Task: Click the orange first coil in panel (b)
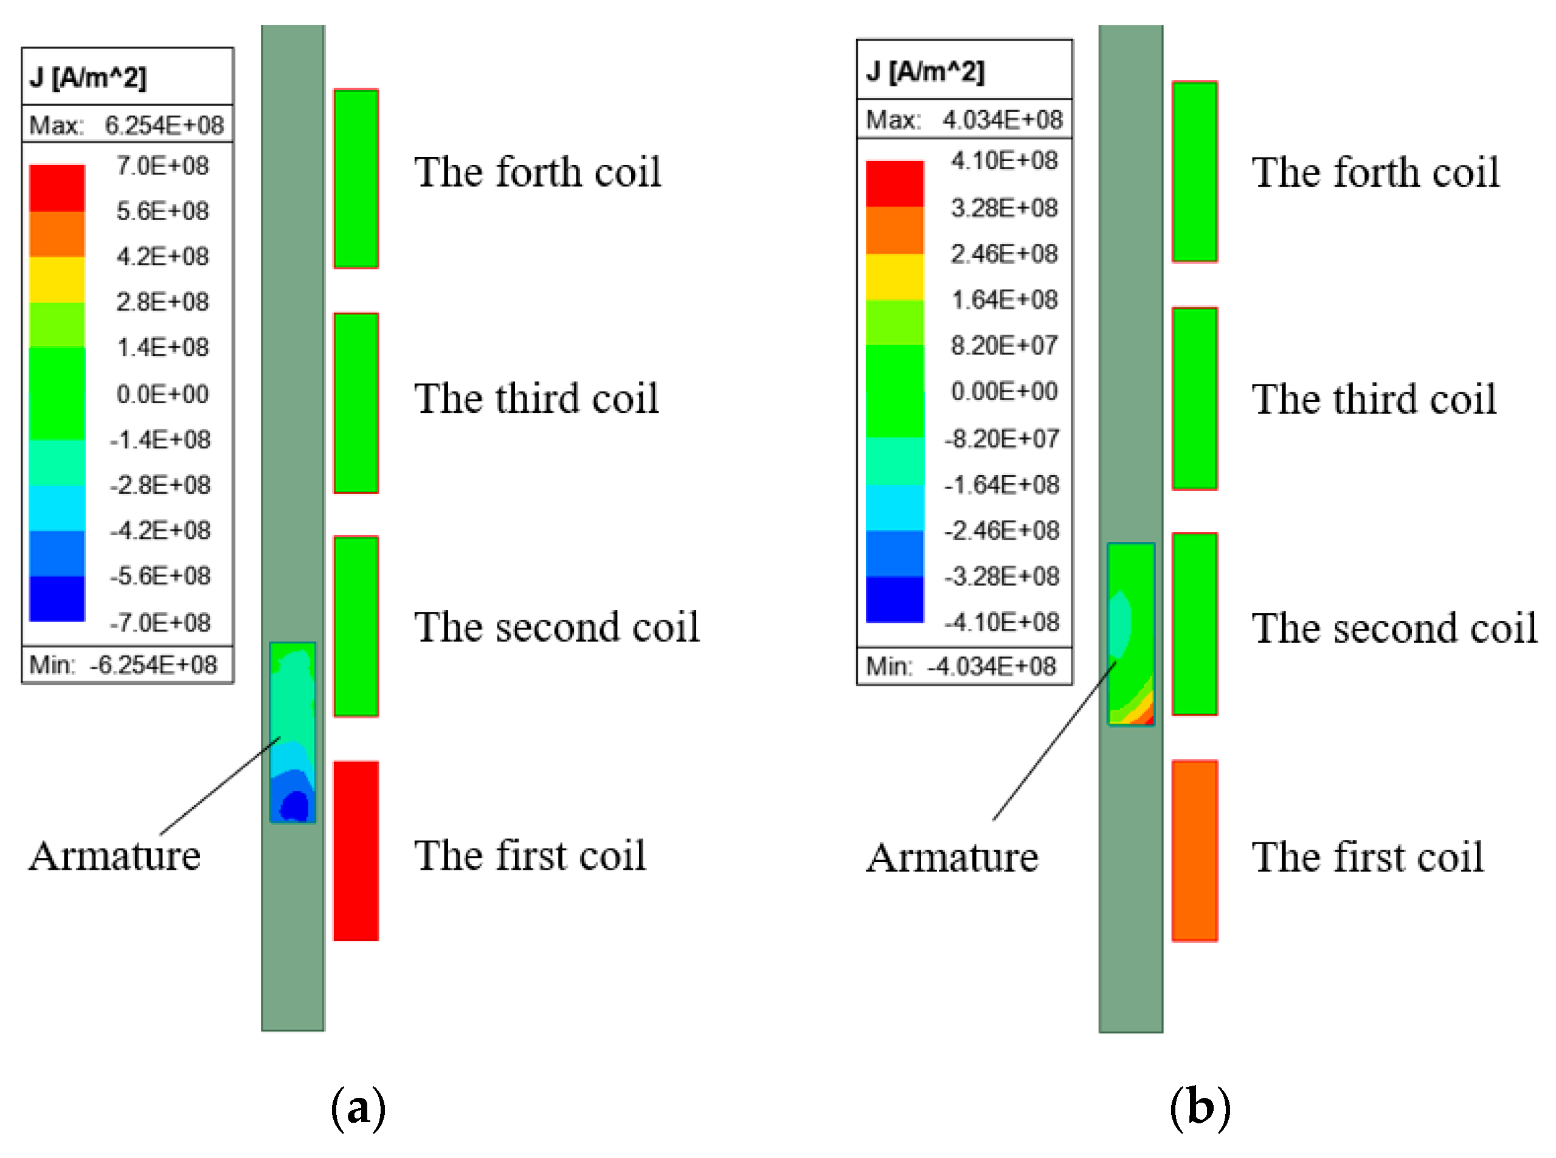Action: (x=1194, y=850)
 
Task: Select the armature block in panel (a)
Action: (x=292, y=731)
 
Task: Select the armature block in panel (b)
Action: (x=1130, y=634)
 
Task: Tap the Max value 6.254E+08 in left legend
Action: (x=164, y=125)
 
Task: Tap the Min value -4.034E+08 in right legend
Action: (x=991, y=666)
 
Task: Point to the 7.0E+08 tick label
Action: (x=162, y=166)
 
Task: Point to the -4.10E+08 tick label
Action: (x=1001, y=622)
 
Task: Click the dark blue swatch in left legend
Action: (x=57, y=598)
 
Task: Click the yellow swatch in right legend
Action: (x=894, y=277)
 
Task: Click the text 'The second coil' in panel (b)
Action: (x=1394, y=628)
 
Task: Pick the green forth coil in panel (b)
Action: (x=1194, y=172)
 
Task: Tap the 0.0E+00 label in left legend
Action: (x=162, y=394)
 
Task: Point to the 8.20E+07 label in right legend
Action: (x=1003, y=345)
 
